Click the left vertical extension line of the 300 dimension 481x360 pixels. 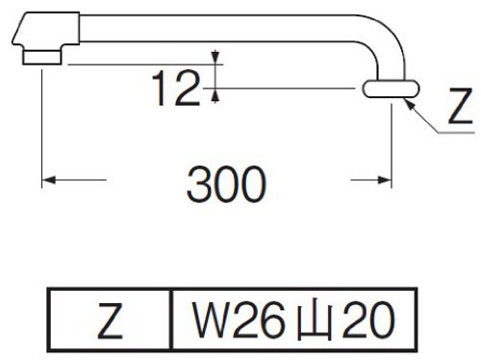(x=41, y=125)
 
